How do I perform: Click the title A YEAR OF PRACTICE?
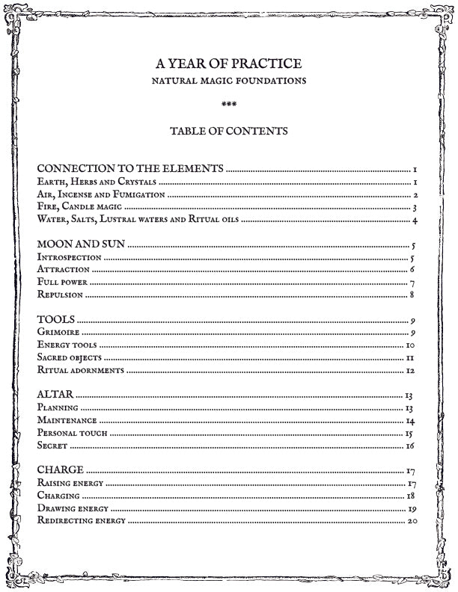229,64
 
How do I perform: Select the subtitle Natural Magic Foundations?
229,80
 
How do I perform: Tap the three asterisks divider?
229,104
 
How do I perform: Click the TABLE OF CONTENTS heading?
229,131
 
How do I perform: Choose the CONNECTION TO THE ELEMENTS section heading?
130,169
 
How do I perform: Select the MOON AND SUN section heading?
81,244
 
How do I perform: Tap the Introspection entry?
69,256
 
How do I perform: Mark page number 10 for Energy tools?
410,345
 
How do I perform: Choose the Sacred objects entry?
69,357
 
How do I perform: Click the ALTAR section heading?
55,395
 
